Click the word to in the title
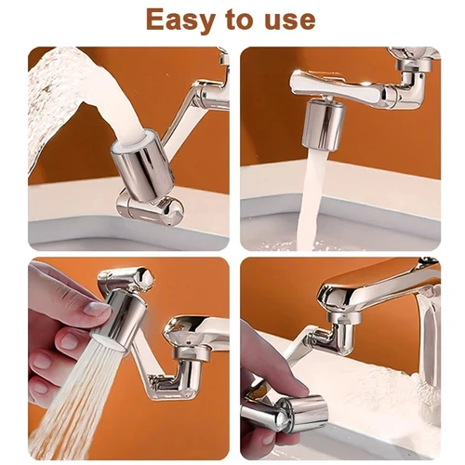(x=234, y=20)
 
